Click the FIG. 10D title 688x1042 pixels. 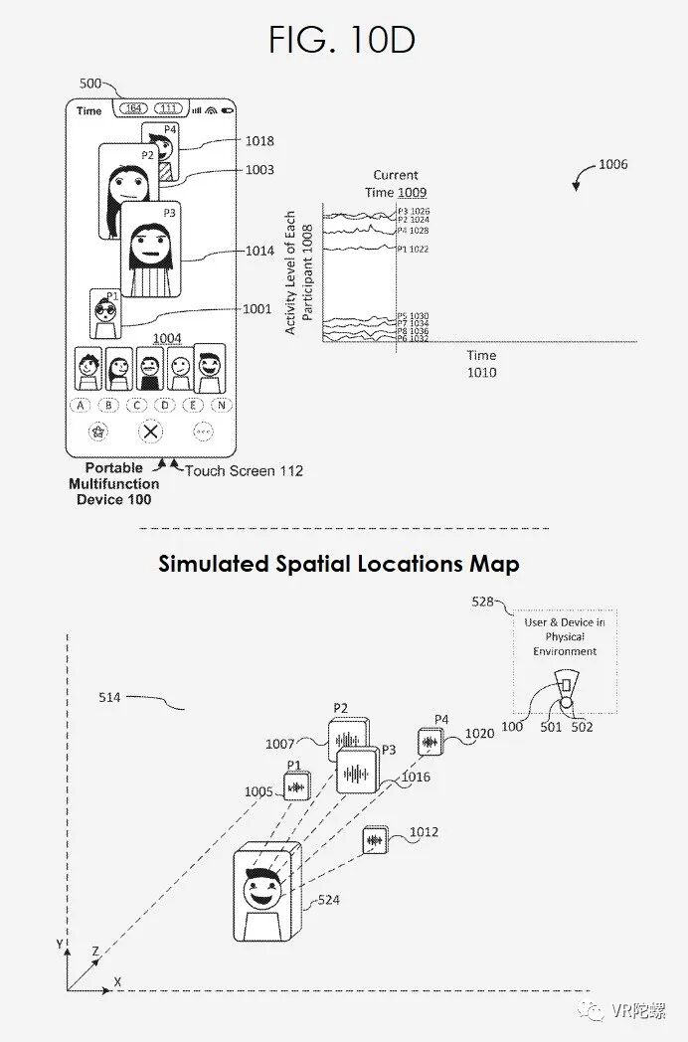[x=342, y=40]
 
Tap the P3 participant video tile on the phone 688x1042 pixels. [x=150, y=250]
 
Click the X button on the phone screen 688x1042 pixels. [x=149, y=432]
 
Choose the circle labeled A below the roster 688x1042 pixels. [x=81, y=406]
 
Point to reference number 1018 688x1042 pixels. [x=259, y=142]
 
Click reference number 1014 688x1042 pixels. [x=259, y=252]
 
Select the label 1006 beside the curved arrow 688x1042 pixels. [x=612, y=165]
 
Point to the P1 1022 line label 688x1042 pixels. [x=413, y=249]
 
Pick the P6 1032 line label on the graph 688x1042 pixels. [x=413, y=339]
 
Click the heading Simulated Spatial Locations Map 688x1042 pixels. [x=339, y=565]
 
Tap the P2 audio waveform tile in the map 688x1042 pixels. [x=347, y=740]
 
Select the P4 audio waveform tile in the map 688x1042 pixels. [x=430, y=741]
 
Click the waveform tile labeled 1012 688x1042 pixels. [x=375, y=840]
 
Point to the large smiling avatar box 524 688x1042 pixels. [x=265, y=894]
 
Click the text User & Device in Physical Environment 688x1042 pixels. [x=564, y=636]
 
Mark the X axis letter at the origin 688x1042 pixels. [x=117, y=981]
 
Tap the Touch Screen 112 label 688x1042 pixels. [x=244, y=470]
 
